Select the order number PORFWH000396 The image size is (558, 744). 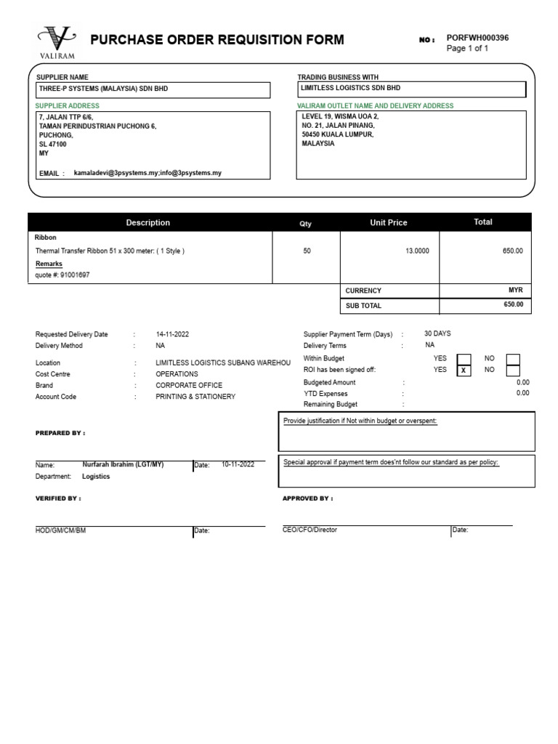pos(477,38)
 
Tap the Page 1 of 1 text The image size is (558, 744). pos(467,49)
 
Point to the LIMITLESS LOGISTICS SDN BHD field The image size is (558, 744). pos(351,88)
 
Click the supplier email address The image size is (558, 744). pos(147,173)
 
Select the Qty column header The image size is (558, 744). pos(306,224)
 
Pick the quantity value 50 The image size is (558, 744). pos(307,251)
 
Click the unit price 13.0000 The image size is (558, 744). pos(417,251)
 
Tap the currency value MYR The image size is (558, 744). pos(515,290)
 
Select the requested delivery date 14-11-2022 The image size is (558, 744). pos(171,334)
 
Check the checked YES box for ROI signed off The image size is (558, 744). pos(463,370)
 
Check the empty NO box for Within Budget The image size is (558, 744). pos(513,358)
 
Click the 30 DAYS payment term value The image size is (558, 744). pos(437,333)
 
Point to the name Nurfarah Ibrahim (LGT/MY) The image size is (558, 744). pos(124,464)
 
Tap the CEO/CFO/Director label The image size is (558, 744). pos(310,530)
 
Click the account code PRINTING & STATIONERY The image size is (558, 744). pos(195,397)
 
